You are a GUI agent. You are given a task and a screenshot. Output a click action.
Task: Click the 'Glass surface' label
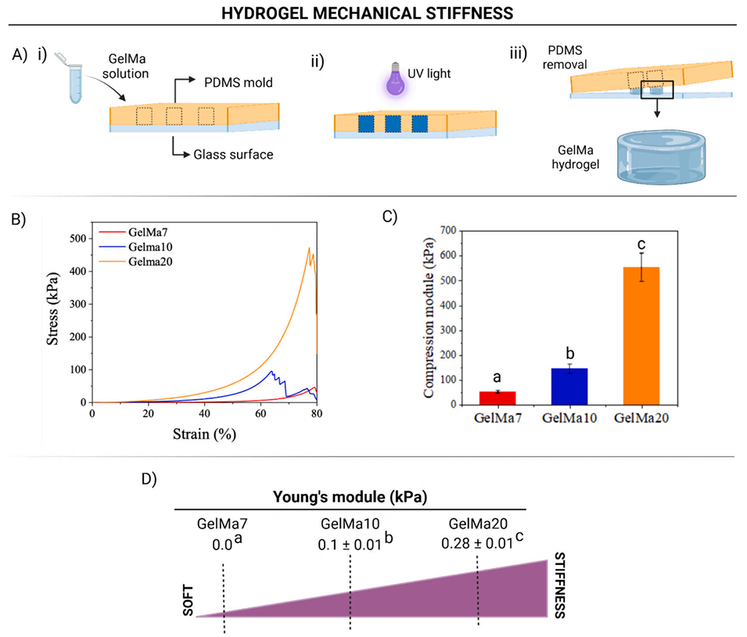click(x=233, y=154)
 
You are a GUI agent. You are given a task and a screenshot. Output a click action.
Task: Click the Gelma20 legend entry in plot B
click(x=141, y=261)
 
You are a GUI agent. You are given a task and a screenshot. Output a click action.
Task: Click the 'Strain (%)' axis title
click(x=205, y=432)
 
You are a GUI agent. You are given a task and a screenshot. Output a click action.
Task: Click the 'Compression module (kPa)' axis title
click(x=429, y=317)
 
